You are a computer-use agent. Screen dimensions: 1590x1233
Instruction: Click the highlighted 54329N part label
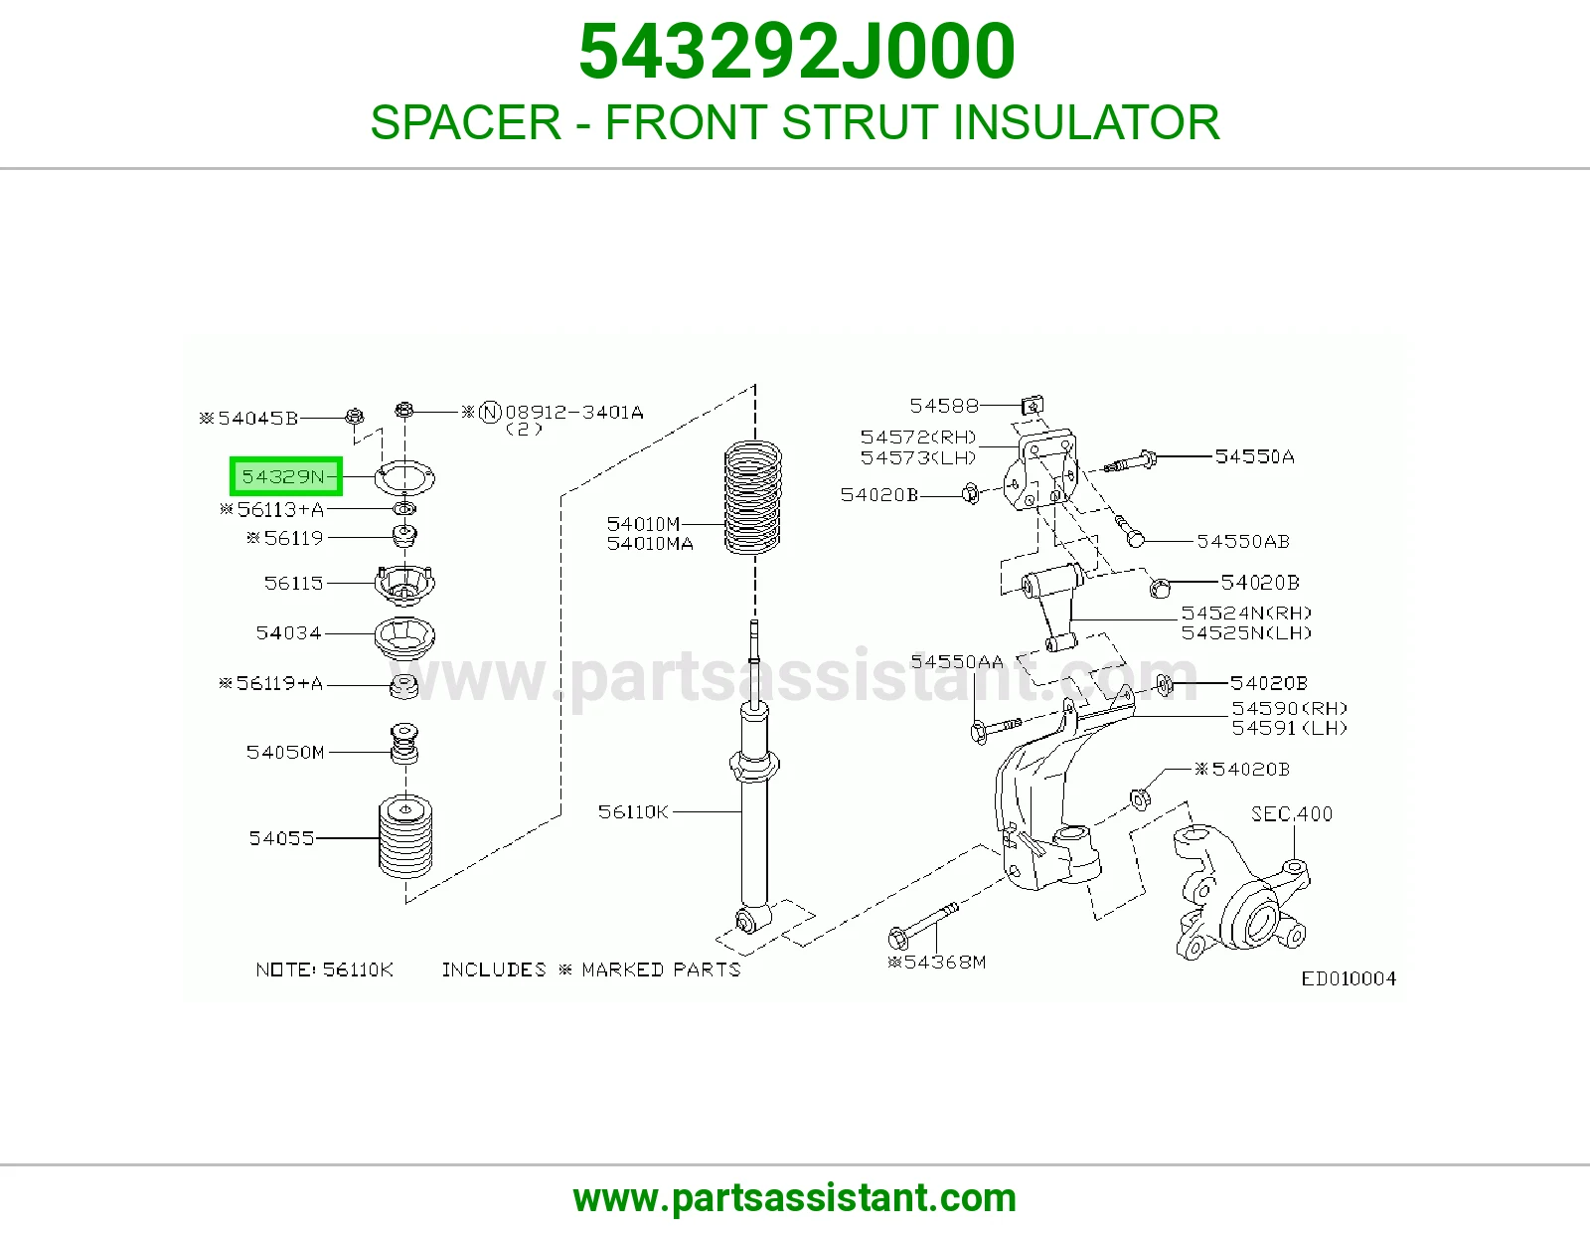point(285,476)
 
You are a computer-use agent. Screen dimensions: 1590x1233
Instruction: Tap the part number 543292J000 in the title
point(796,52)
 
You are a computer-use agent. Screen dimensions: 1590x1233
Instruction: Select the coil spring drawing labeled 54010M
point(753,497)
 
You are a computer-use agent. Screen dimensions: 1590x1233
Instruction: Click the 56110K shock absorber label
point(633,811)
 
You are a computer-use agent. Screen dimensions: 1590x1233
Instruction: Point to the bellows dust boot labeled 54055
point(405,837)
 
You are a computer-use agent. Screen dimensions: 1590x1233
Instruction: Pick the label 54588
point(944,406)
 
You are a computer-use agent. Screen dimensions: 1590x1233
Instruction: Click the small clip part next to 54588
point(1033,405)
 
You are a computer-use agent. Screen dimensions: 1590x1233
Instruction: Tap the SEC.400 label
point(1292,813)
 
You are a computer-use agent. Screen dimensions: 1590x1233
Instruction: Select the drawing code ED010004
point(1349,978)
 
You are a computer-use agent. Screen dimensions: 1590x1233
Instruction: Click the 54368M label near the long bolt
point(937,962)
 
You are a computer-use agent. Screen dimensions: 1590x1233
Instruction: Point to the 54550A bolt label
point(1255,456)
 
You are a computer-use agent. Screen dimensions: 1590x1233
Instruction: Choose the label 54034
point(288,632)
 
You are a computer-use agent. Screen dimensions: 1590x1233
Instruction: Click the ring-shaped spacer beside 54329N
point(404,479)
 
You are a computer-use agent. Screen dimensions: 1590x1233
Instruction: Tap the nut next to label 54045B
point(354,416)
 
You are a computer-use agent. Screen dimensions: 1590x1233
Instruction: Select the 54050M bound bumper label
point(285,752)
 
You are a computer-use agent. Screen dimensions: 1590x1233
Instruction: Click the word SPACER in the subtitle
point(465,122)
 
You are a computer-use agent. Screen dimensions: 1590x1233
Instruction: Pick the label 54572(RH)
point(918,438)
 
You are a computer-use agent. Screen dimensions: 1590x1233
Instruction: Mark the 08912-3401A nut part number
point(574,413)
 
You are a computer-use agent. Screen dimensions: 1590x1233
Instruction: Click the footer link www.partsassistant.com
point(795,1198)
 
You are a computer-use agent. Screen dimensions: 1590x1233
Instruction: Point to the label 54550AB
point(1243,541)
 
